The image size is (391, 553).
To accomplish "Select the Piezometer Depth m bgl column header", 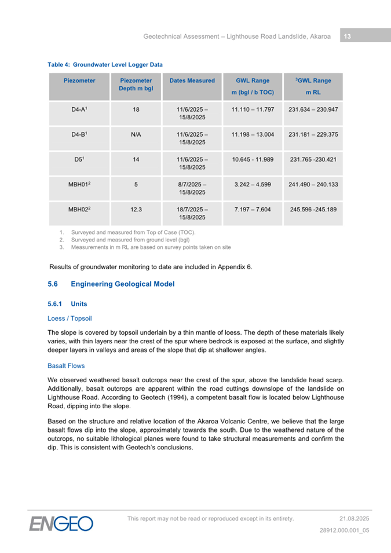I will (x=136, y=85).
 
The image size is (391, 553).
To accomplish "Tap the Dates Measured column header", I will (x=192, y=81).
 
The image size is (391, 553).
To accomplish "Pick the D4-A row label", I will (x=79, y=109).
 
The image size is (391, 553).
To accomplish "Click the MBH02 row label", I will (x=79, y=209).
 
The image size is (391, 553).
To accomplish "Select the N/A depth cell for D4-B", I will (x=136, y=134).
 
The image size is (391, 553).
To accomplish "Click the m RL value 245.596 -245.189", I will (x=313, y=209).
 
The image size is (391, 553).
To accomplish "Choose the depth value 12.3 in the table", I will (x=136, y=209).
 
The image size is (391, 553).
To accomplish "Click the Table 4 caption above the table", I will (x=105, y=65).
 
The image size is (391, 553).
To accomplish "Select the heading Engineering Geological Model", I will (x=122, y=284).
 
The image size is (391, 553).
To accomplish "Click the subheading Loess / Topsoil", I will (x=70, y=318).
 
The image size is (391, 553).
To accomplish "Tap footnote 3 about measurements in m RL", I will (x=150, y=247).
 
